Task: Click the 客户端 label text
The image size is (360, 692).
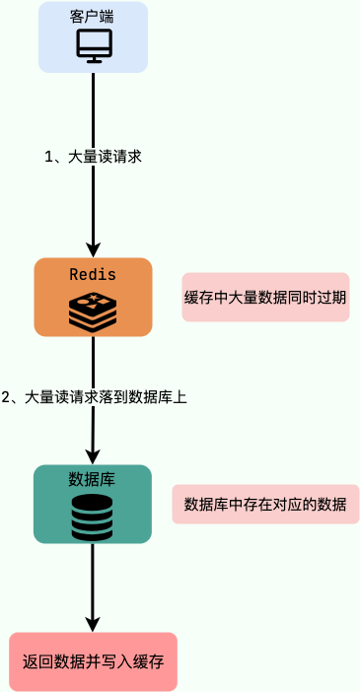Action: pyautogui.click(x=94, y=18)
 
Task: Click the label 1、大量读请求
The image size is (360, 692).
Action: pyautogui.click(x=94, y=156)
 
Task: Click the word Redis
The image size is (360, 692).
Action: pyautogui.click(x=93, y=273)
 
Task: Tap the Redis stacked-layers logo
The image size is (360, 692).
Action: pyautogui.click(x=93, y=311)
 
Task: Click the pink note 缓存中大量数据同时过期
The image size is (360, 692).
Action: pyautogui.click(x=265, y=297)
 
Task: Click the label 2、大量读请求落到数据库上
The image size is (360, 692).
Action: pyautogui.click(x=94, y=397)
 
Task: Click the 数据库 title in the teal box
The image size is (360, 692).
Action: pyautogui.click(x=92, y=480)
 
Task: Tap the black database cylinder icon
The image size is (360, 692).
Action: pyautogui.click(x=92, y=517)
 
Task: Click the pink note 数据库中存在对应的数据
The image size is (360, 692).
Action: pyautogui.click(x=265, y=504)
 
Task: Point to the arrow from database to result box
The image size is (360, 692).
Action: pyautogui.click(x=93, y=582)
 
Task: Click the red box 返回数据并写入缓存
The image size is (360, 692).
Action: pyautogui.click(x=93, y=661)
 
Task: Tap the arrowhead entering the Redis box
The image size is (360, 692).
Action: pyautogui.click(x=94, y=249)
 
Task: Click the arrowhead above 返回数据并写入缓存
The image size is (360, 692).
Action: pyautogui.click(x=93, y=624)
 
